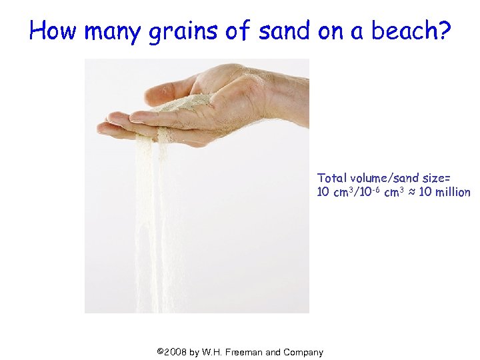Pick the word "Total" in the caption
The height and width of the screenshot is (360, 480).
tap(331, 178)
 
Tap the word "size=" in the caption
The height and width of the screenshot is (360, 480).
tap(435, 178)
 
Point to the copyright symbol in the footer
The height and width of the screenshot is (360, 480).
tap(159, 351)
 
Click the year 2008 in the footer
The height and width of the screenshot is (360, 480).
tap(175, 352)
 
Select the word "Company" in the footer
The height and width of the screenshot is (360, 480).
tap(303, 352)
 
